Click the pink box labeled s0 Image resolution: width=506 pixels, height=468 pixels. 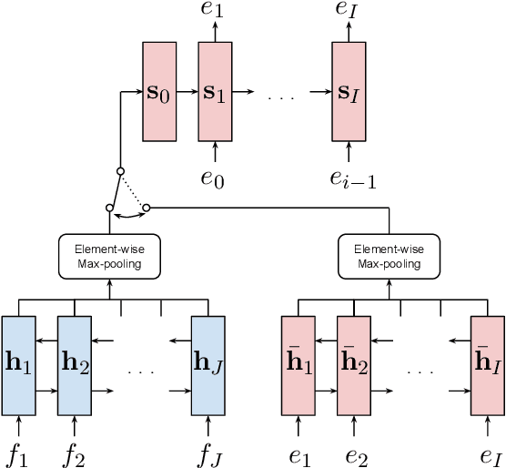tap(158, 92)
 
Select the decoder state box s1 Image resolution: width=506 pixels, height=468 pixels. tap(215, 92)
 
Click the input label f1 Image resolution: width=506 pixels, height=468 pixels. tap(18, 453)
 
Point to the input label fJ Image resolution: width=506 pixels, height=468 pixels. tap(207, 453)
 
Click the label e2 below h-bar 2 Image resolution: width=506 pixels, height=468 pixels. tap(353, 453)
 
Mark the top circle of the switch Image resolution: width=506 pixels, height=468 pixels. tap(120, 171)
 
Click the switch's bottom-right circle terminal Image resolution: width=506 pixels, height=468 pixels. tap(147, 208)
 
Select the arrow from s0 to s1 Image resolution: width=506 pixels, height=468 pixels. tap(187, 92)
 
